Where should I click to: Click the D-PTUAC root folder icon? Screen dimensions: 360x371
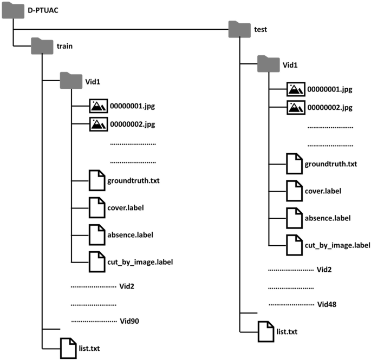(x=14, y=11)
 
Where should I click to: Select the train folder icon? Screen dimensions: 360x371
(x=42, y=47)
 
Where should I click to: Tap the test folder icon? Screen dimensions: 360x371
(x=240, y=29)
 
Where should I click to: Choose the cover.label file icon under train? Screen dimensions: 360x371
(x=96, y=208)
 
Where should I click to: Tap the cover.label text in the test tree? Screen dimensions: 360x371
(x=323, y=191)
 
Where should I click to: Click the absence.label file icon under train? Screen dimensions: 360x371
(x=96, y=234)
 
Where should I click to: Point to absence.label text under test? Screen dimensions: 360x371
(x=327, y=218)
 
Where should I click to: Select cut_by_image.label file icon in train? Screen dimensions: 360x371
(x=96, y=261)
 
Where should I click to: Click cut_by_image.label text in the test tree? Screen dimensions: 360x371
(x=337, y=245)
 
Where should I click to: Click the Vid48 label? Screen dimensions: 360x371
(x=328, y=304)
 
